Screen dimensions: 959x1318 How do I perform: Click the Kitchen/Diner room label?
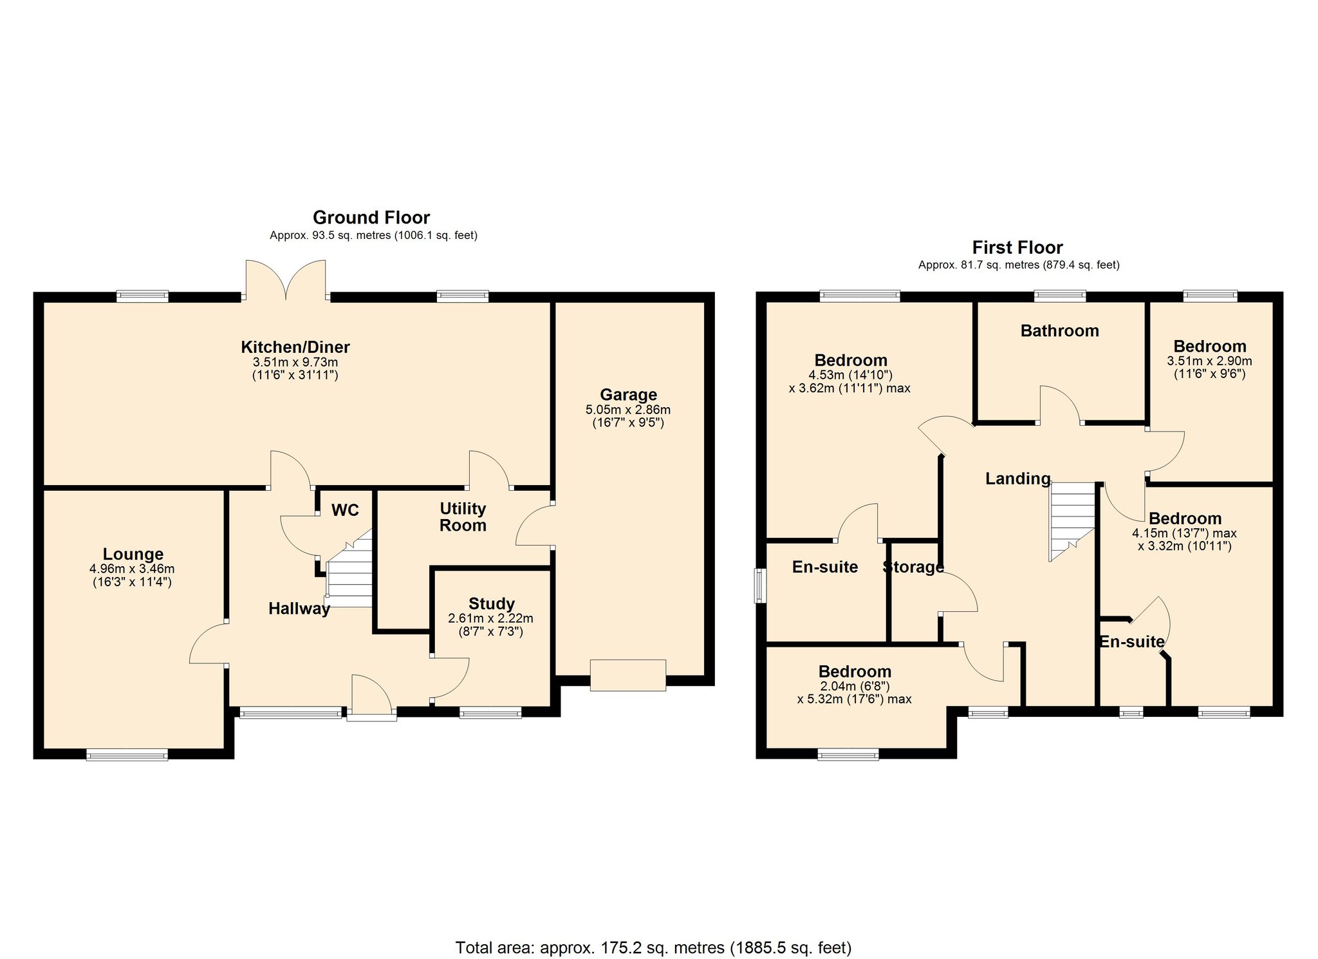[x=295, y=347]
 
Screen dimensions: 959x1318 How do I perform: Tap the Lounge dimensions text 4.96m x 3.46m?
[x=132, y=569]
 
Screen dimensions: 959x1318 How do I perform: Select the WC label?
[x=345, y=511]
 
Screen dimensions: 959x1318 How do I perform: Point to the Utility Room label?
[x=462, y=517]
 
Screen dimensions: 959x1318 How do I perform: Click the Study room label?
[x=491, y=603]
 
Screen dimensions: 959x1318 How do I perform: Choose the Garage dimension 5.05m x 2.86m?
[x=627, y=410]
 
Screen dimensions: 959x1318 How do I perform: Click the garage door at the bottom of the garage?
[x=627, y=676]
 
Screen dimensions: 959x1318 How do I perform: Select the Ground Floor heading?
[x=371, y=218]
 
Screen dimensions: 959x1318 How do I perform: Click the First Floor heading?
[x=1017, y=247]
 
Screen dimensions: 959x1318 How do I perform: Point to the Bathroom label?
[x=1059, y=331]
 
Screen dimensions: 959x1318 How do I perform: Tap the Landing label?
[x=1017, y=479]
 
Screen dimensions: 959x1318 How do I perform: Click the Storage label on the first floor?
[x=913, y=567]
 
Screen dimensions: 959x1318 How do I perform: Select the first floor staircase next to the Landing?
[x=1072, y=518]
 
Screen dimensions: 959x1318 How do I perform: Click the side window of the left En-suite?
[x=761, y=585]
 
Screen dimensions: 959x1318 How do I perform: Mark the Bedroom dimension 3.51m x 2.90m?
[x=1209, y=361]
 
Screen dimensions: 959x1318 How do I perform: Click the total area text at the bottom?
[x=653, y=947]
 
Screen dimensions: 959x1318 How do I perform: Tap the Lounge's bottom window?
[x=127, y=755]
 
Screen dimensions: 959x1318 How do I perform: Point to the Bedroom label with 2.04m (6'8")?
[x=854, y=672]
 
